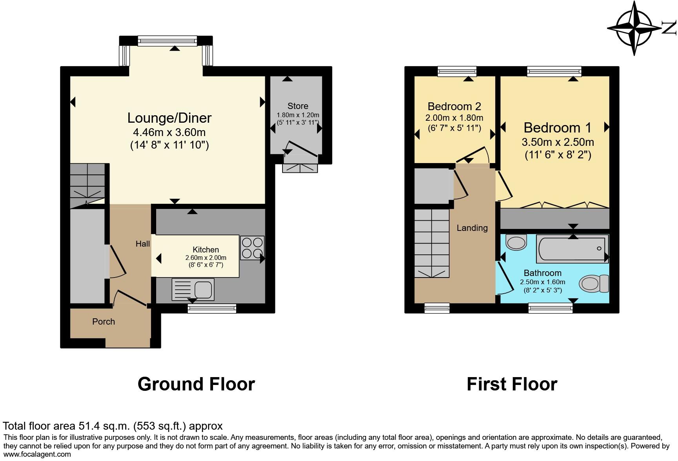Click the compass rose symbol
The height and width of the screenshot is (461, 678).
point(634,28)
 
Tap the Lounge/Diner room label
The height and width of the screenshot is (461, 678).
point(169,118)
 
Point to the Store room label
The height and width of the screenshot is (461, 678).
point(298,106)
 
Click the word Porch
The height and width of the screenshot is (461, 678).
point(104,321)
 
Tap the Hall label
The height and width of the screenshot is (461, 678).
point(143,244)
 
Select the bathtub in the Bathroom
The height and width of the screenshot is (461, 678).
point(572,249)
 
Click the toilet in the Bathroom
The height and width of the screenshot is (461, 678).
point(593,283)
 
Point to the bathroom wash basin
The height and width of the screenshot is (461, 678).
point(516,242)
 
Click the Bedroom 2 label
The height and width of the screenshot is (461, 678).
point(454,106)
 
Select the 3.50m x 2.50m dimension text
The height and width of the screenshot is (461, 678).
point(558,142)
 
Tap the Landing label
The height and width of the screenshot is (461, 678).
point(472,228)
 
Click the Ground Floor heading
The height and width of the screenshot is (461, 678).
point(196,384)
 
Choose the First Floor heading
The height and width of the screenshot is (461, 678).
point(512,384)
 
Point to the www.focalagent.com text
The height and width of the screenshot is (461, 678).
point(37,454)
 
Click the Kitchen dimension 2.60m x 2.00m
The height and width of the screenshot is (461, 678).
point(206,258)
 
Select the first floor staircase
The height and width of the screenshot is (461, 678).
point(432,243)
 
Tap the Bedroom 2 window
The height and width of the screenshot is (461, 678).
point(457,71)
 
